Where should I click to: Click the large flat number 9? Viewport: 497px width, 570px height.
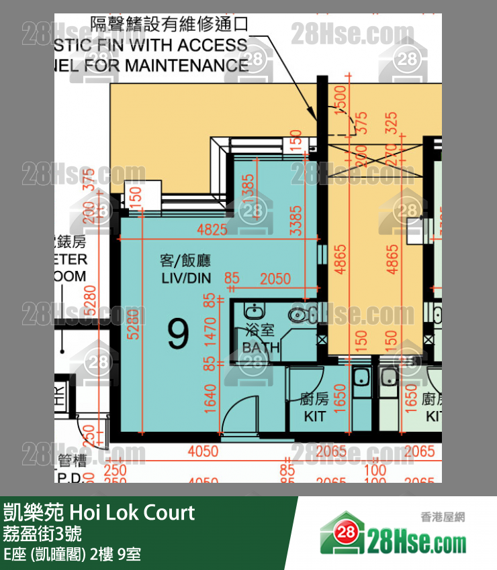[177, 335]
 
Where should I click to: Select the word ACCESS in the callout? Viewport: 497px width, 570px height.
[214, 46]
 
